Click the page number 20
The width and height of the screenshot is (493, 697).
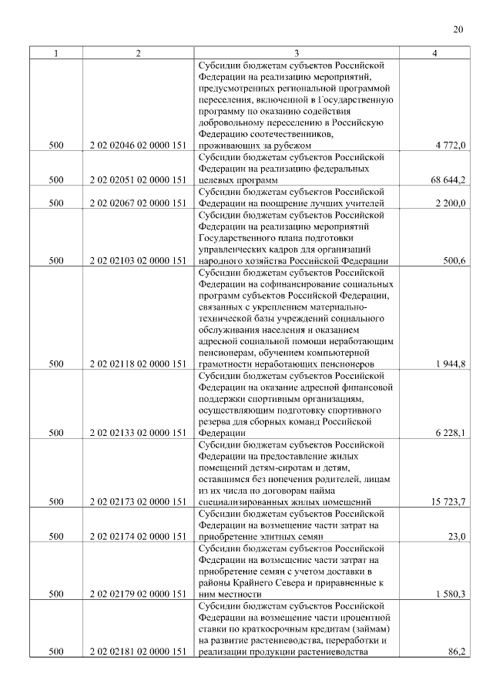pos(458,30)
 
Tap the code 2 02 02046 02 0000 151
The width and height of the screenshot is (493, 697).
pos(138,145)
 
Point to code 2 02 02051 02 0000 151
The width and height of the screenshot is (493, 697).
pos(138,179)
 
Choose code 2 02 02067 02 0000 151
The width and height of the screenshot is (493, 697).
pos(138,203)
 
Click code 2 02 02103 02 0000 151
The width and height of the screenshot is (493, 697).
pos(138,261)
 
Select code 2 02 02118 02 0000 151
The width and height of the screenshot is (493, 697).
pos(138,364)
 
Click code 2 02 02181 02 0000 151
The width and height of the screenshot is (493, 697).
pos(138,652)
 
